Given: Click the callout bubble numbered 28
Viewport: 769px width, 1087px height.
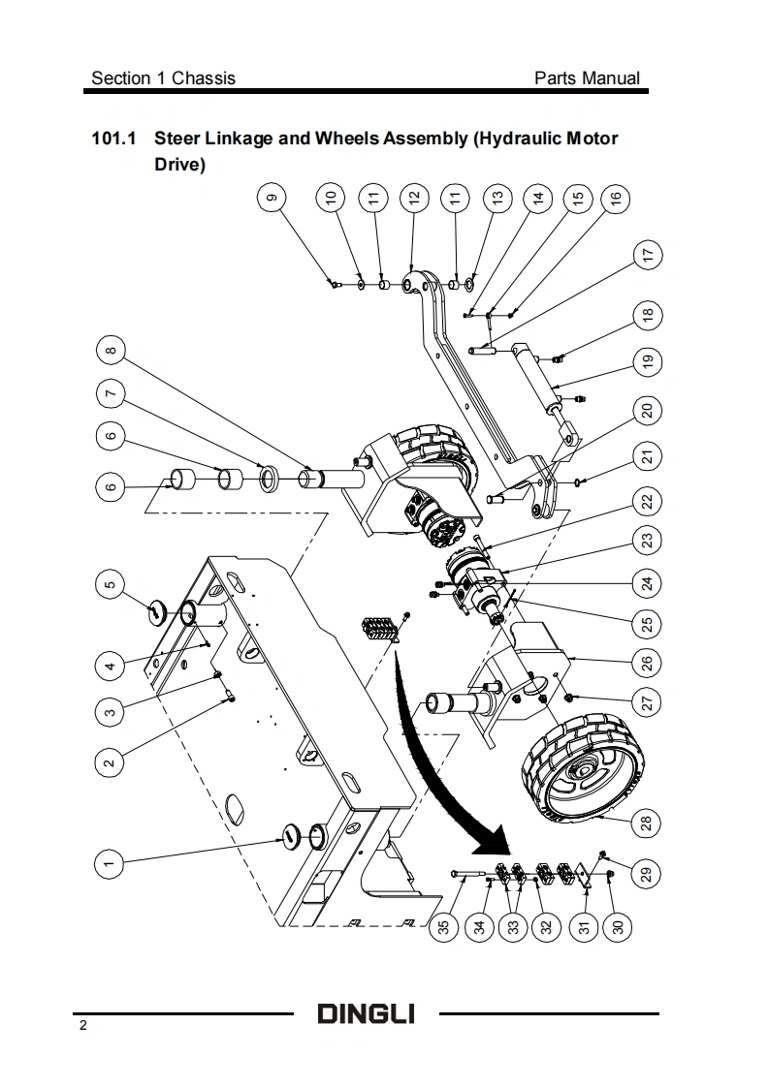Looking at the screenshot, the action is click(x=647, y=823).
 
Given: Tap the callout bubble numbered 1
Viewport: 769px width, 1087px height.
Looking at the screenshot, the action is click(x=109, y=864).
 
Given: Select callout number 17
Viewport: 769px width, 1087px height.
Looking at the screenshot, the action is click(x=648, y=255).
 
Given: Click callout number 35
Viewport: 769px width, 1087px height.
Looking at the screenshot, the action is click(x=444, y=926).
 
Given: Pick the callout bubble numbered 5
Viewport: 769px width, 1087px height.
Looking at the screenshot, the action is click(x=110, y=584).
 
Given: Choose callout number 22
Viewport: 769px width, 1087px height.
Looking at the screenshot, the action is click(x=648, y=501).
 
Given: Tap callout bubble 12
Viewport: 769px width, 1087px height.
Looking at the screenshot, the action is click(x=414, y=198).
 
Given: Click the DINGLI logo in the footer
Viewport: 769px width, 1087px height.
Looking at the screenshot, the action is click(x=367, y=1013).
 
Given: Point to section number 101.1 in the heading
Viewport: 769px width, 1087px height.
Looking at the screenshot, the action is click(x=113, y=138).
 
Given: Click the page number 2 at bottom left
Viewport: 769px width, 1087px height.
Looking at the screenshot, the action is click(x=83, y=1025).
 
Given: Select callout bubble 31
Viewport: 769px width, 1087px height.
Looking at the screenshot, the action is click(x=584, y=926).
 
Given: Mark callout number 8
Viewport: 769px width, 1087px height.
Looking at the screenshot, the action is click(x=111, y=350).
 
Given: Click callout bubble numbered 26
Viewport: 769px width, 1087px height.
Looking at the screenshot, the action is click(x=647, y=663).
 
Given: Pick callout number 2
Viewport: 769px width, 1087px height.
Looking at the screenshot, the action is click(x=109, y=763).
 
